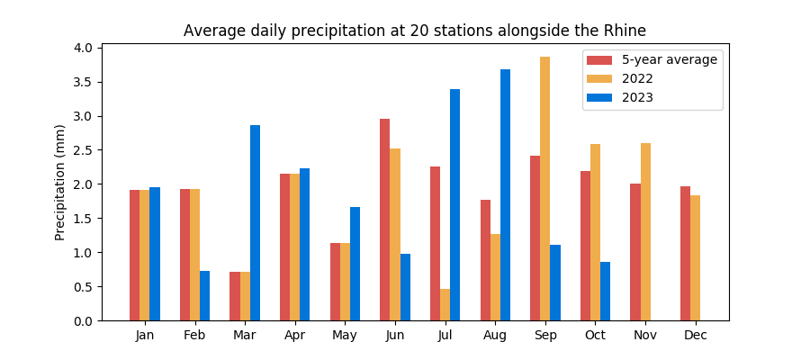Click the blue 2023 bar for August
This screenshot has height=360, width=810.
tap(505, 194)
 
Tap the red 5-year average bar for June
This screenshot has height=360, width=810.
tap(384, 220)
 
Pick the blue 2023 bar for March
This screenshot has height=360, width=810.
tap(255, 222)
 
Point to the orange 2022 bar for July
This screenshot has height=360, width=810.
tap(445, 304)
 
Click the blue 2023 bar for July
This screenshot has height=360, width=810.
tap(454, 204)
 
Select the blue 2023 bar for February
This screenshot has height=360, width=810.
tap(204, 295)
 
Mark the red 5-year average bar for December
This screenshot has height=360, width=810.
tap(685, 253)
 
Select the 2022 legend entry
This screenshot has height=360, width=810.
tap(637, 79)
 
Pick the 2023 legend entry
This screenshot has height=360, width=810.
tap(637, 98)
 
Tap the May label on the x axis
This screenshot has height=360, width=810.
tap(346, 336)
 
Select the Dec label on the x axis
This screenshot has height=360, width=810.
tap(696, 336)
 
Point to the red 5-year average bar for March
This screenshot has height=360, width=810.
tap(235, 296)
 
